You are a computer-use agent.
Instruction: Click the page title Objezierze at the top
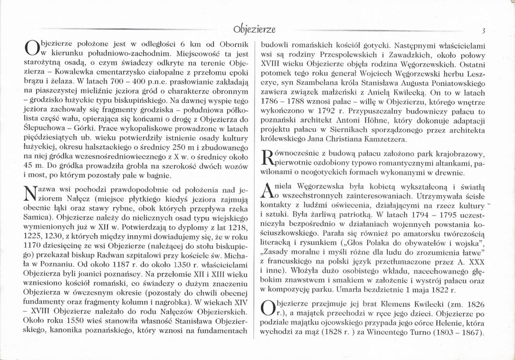257,27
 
